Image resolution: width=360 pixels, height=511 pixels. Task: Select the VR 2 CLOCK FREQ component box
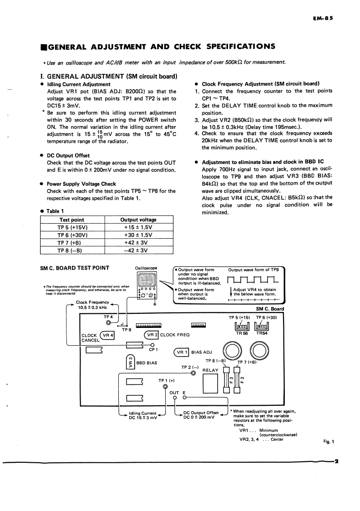pyautogui.click(x=151, y=335)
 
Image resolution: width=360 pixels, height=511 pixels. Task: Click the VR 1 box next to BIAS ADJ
pyautogui.click(x=182, y=352)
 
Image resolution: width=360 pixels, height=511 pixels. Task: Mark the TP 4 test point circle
pyautogui.click(x=108, y=322)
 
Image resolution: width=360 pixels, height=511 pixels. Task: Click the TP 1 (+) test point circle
pyautogui.click(x=165, y=386)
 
